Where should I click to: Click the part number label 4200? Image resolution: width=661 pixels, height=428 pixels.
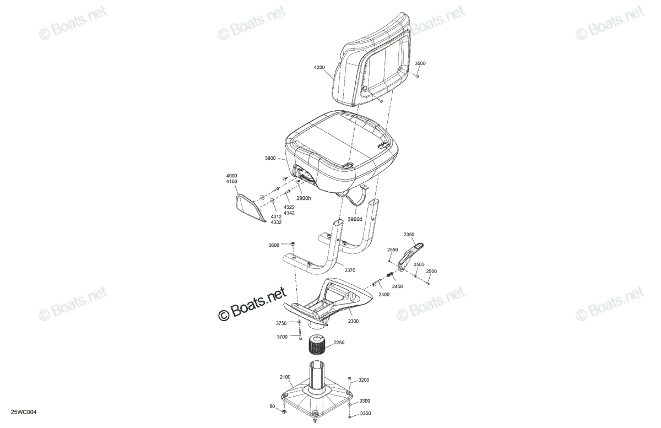[x=319, y=67]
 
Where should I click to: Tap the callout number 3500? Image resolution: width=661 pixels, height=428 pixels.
[x=420, y=63]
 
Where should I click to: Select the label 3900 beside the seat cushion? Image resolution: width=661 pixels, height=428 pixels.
[x=270, y=158]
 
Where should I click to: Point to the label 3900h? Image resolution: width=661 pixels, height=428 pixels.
[x=304, y=198]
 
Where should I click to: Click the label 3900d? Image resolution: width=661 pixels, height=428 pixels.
[x=355, y=219]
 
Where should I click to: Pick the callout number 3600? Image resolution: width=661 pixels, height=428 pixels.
[x=274, y=245]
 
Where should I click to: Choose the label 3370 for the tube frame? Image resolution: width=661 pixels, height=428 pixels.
[x=350, y=270]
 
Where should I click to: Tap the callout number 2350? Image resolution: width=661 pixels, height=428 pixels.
[x=409, y=234]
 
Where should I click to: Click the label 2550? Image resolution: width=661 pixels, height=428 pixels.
[x=392, y=250]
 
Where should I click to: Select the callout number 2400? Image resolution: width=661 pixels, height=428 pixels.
[x=384, y=294]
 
